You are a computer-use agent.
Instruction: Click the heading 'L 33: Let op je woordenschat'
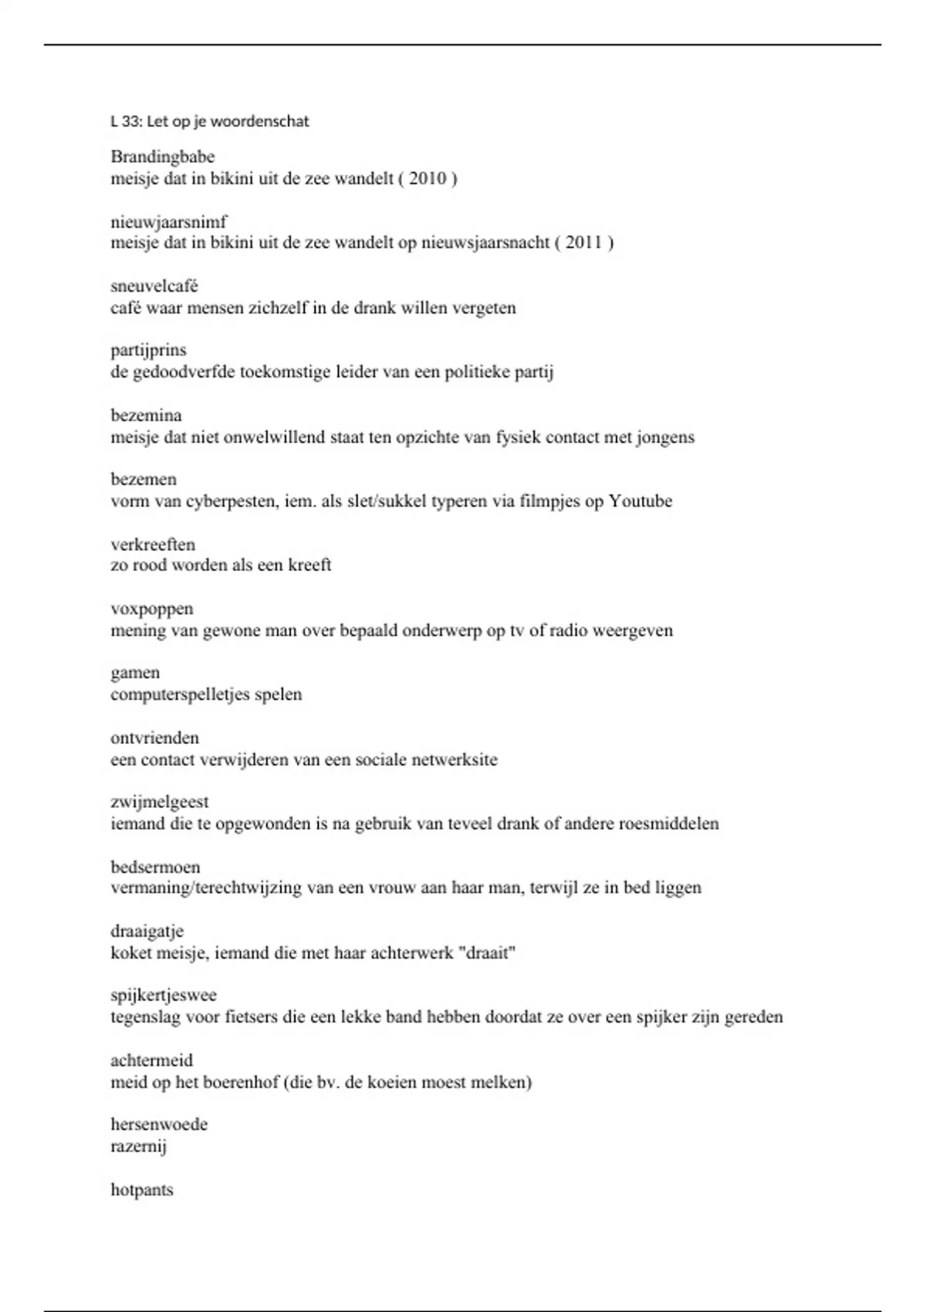209,121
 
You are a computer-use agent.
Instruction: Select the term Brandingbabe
162,157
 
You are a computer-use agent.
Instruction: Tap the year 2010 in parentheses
428,178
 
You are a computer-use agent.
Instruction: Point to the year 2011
583,242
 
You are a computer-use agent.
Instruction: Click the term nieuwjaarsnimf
168,222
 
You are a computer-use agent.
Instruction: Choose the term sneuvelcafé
154,286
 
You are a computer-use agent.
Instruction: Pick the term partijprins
148,350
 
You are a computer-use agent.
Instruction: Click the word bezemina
146,415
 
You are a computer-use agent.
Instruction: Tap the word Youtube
640,501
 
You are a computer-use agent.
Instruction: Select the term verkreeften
152,544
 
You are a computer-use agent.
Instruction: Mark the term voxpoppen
151,609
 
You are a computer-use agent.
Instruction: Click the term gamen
135,673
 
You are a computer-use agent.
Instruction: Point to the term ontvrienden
154,738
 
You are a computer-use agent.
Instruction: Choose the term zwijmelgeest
159,802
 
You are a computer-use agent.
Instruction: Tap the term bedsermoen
155,867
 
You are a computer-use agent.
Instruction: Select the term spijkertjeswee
163,996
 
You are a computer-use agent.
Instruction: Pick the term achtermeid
151,1060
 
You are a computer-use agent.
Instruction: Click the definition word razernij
138,1146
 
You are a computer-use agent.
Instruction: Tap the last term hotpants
141,1189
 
